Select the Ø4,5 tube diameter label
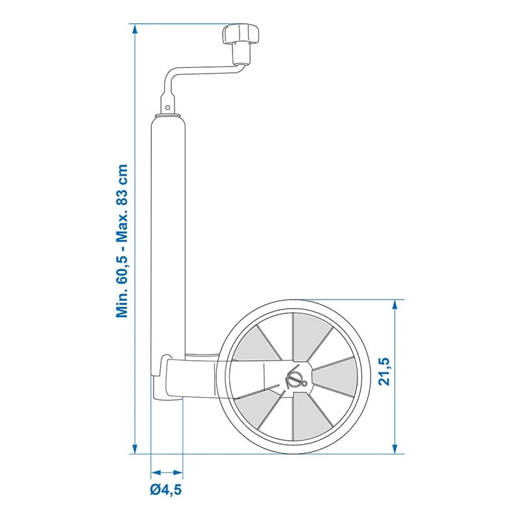(165, 490)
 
